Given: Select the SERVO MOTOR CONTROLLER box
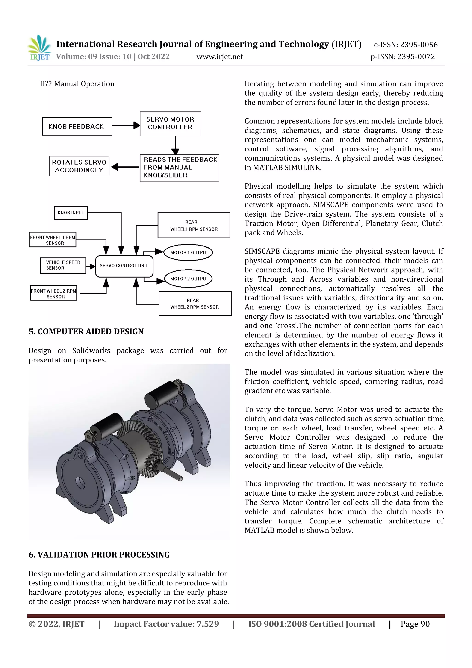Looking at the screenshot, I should (x=170, y=124).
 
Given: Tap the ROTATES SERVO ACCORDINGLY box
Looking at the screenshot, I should (x=79, y=166).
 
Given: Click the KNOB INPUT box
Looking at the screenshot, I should (x=71, y=213).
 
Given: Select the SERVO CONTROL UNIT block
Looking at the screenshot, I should (x=124, y=266).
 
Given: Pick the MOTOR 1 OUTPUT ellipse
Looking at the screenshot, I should (x=189, y=252).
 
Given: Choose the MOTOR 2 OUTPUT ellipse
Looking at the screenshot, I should (x=189, y=279).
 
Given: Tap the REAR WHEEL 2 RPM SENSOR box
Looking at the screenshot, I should (x=195, y=304).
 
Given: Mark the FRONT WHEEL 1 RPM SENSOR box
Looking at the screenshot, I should (x=53, y=240).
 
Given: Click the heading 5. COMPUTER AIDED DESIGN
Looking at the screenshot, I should (x=86, y=332).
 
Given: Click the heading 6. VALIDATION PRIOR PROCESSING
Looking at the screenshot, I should (x=99, y=555).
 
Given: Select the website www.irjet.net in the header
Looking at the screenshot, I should (x=220, y=57).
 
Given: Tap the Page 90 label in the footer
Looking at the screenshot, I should (x=415, y=624).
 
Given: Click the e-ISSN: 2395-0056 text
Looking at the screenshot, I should (x=405, y=45).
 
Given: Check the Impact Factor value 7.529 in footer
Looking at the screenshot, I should (x=166, y=624).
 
